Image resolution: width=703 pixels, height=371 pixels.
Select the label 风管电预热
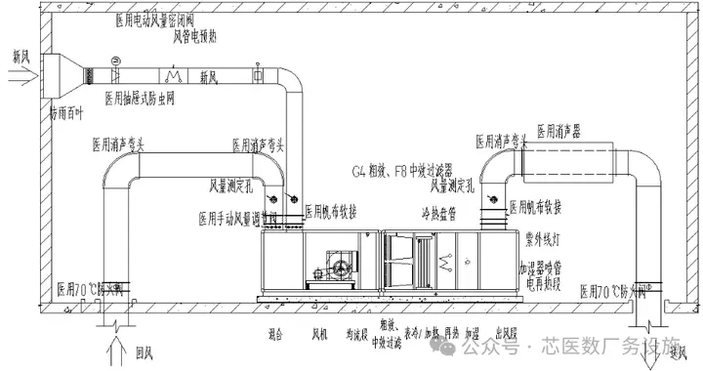(x=199, y=37)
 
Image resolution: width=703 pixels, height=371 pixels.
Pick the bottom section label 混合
(x=274, y=335)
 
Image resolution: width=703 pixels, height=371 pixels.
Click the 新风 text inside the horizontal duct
(x=210, y=75)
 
